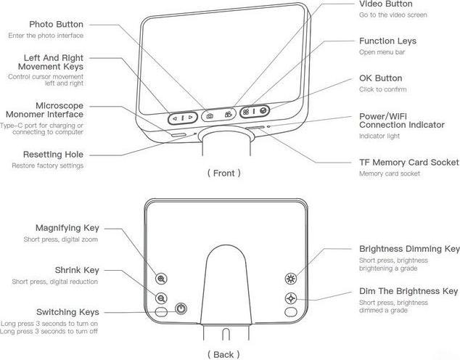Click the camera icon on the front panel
[x=210, y=116]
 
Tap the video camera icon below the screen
[x=229, y=115]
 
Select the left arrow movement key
[x=175, y=118]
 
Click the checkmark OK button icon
[x=263, y=110]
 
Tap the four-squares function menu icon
[x=246, y=112]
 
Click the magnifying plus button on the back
[x=161, y=279]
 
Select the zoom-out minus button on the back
[x=161, y=298]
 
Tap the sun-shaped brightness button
[x=291, y=279]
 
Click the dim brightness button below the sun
[x=291, y=298]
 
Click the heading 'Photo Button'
[x=56, y=25]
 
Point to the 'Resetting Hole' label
[x=53, y=155]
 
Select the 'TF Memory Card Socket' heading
[x=409, y=163]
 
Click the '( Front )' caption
[x=224, y=173]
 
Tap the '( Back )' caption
[x=223, y=354]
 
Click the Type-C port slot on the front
[x=178, y=135]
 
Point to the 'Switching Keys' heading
[x=67, y=312]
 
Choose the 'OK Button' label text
[x=380, y=78]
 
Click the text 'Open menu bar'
[x=382, y=52]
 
